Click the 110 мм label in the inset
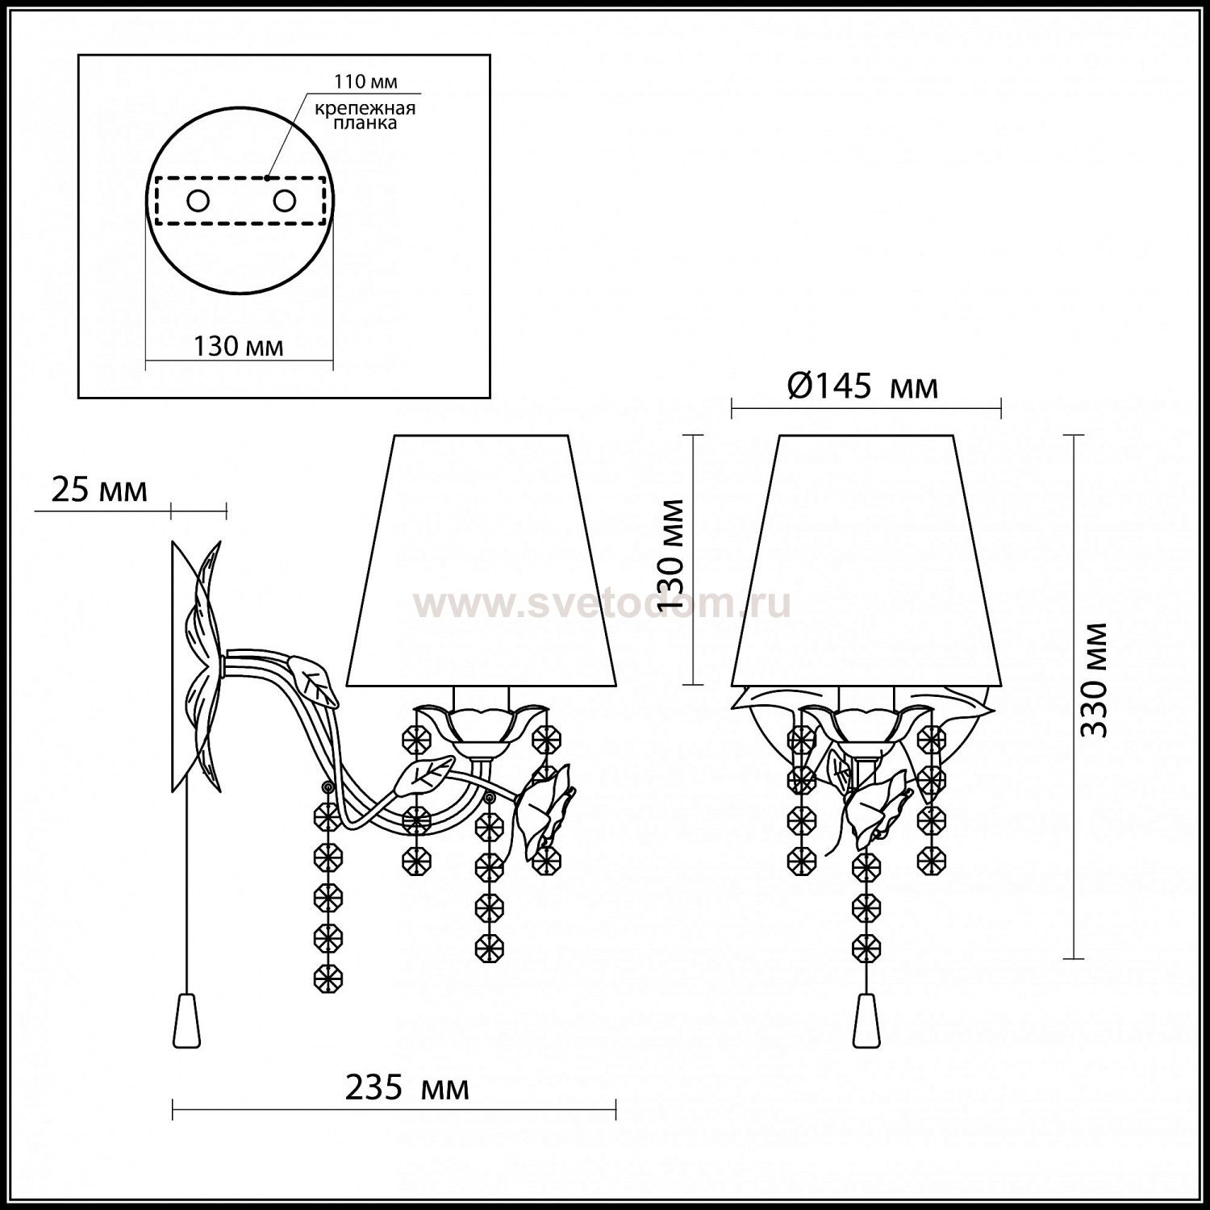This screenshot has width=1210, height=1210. (366, 82)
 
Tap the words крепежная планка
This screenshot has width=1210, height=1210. (365, 116)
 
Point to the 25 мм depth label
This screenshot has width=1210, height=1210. (99, 490)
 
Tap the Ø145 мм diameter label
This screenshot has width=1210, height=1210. (862, 387)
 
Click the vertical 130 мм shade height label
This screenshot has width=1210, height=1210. (671, 555)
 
